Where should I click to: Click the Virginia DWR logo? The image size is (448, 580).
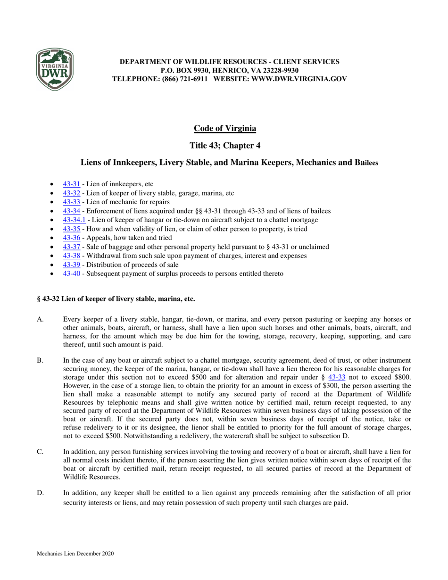[55, 69]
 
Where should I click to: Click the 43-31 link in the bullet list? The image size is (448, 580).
[72, 184]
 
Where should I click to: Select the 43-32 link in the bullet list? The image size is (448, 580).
[72, 193]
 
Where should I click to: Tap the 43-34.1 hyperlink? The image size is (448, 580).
[74, 220]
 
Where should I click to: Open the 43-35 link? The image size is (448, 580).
[72, 229]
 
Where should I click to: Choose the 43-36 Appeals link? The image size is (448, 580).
[72, 238]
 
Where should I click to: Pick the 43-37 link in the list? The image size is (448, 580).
[72, 247]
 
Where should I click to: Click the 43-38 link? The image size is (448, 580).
[72, 256]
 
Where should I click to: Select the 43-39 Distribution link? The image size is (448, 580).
[72, 265]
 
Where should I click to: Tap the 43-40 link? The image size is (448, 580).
[72, 273]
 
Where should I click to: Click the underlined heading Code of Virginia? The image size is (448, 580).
[225, 129]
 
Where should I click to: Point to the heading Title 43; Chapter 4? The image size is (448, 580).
[225, 145]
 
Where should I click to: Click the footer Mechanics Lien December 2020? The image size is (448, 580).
[75, 554]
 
